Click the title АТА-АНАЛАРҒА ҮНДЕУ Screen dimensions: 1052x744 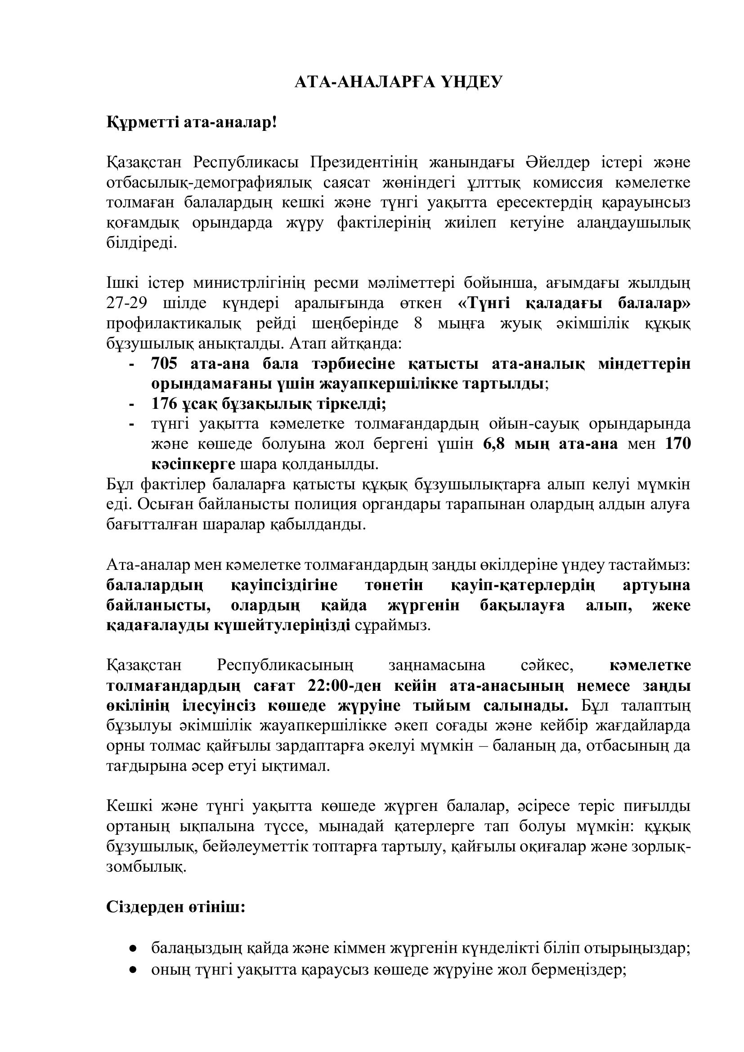[398, 82]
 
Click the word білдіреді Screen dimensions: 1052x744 [141, 243]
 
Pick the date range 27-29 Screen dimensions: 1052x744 [126, 303]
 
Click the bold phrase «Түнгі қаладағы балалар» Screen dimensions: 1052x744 [574, 303]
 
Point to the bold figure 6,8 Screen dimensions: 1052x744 [494, 444]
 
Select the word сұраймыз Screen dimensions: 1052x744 [393, 626]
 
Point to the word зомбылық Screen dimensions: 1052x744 [147, 867]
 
